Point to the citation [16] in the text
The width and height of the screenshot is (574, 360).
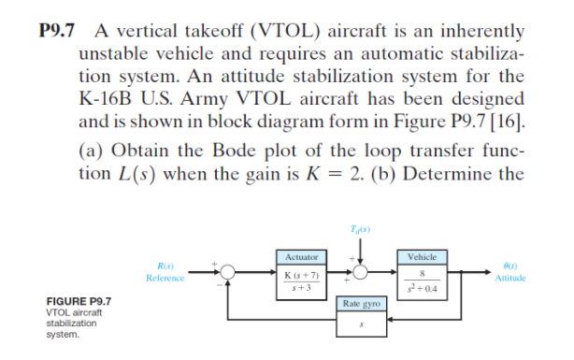513,120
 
